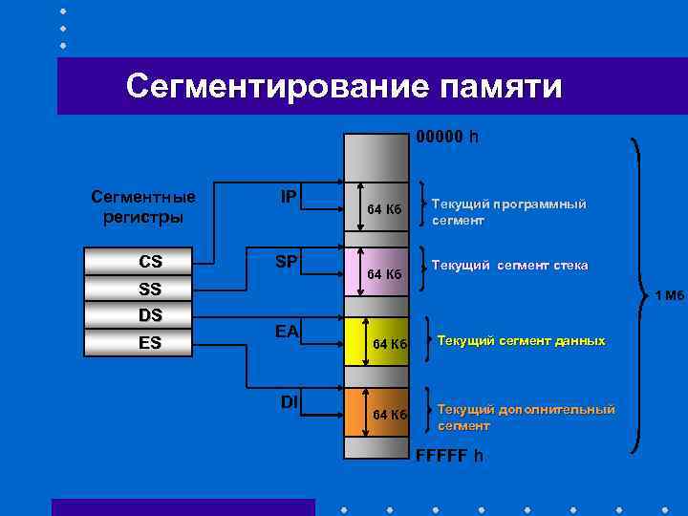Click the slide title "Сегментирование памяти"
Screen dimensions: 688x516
344,87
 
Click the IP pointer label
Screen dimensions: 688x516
288,197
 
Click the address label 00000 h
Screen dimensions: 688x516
446,138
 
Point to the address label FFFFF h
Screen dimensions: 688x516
449,455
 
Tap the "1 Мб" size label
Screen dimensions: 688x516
669,295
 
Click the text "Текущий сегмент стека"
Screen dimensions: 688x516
509,265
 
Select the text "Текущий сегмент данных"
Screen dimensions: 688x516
521,341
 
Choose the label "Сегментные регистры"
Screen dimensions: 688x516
143,206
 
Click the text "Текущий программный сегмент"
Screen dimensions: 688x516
507,212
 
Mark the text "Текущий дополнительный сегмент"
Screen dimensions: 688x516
526,418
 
